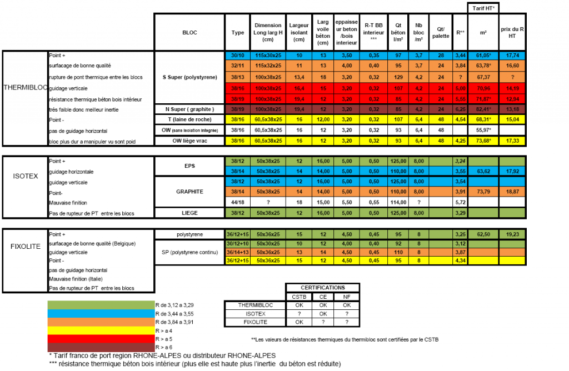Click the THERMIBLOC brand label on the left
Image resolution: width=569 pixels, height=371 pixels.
(x=24, y=88)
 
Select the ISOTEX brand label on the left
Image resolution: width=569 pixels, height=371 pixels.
(x=25, y=176)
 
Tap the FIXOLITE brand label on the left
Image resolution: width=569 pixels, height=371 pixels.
(x=25, y=245)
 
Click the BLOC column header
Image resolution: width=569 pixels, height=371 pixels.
(x=189, y=32)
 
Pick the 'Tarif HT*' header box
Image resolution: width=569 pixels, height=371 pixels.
(x=482, y=8)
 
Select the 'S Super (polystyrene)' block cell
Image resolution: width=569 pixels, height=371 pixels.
(x=189, y=77)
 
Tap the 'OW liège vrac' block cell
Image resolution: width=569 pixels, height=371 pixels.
(x=189, y=141)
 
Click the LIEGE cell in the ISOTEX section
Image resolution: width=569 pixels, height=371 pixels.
(x=189, y=212)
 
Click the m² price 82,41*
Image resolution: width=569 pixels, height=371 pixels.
(x=483, y=109)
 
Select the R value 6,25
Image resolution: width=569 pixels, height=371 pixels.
(x=460, y=109)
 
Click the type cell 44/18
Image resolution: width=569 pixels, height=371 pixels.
(x=237, y=202)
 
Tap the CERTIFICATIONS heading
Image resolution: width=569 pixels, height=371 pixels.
(x=322, y=288)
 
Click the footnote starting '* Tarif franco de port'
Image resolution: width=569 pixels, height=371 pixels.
(x=161, y=355)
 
